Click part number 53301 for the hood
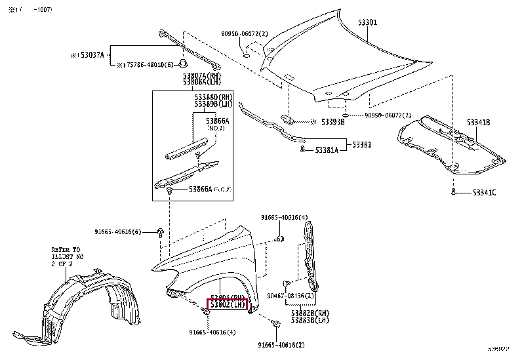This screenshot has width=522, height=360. [x=367, y=22]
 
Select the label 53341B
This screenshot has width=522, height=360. [x=478, y=123]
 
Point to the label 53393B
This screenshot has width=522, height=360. [x=332, y=122]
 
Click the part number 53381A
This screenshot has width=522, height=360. [x=326, y=150]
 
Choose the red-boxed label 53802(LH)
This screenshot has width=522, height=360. [x=227, y=305]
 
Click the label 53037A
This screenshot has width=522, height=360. [x=89, y=56]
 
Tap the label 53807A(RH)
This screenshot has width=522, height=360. [x=203, y=76]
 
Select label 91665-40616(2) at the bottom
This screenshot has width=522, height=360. [x=281, y=345]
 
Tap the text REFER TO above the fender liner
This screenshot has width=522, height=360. [x=66, y=250]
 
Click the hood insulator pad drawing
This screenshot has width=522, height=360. [x=452, y=148]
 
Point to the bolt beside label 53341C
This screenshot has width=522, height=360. [x=454, y=191]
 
